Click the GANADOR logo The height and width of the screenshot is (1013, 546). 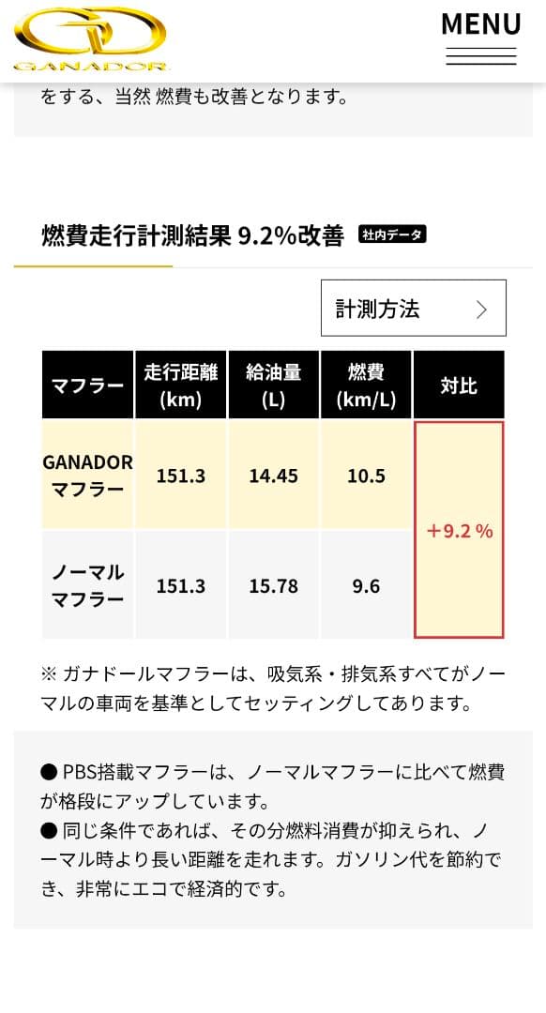click(91, 38)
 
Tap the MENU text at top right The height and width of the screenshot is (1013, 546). click(480, 23)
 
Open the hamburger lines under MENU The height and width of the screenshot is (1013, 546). click(480, 56)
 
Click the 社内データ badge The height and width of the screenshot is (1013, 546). click(392, 234)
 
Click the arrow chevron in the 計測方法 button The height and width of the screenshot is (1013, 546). click(481, 310)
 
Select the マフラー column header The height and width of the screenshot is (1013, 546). click(87, 386)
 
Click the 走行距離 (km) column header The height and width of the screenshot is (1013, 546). click(180, 386)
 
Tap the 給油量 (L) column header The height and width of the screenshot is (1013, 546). click(273, 386)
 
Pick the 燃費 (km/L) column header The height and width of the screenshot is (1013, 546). click(366, 386)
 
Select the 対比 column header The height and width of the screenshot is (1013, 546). click(459, 386)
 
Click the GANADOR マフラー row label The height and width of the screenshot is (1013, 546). click(87, 476)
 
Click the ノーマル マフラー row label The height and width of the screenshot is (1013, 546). click(87, 585)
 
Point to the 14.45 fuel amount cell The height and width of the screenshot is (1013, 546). click(273, 476)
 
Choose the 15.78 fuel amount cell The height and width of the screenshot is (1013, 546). click(273, 585)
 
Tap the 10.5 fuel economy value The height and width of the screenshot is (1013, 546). click(366, 476)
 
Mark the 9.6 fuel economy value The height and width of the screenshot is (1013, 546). click(366, 585)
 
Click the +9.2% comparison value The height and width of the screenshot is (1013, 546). click(459, 531)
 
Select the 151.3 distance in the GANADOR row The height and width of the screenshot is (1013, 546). click(180, 476)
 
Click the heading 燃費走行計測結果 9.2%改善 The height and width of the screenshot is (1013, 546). click(192, 235)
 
